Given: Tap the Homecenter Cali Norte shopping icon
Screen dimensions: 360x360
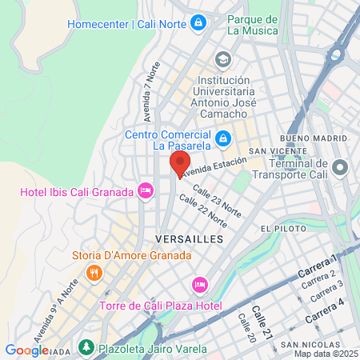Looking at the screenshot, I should pos(198,24).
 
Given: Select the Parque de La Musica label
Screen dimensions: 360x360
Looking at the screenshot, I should pos(252,25).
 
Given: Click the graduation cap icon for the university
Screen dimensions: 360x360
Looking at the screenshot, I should pos(222,58).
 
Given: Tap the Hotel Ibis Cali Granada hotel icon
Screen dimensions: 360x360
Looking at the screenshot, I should pos(145,190).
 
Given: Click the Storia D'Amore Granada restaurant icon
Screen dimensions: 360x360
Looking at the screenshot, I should pos(94,273).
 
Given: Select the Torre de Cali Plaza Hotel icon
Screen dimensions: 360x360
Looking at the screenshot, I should pos(200,286).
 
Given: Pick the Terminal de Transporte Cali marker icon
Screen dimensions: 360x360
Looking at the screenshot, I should pos(341,169).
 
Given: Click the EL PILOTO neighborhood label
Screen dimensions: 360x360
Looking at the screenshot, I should pos(280,229).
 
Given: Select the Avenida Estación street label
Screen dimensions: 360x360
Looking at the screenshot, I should pos(214,166).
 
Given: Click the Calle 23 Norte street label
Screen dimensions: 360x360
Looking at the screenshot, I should pos(216,201).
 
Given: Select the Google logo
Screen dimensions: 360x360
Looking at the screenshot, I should pos(26,350).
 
